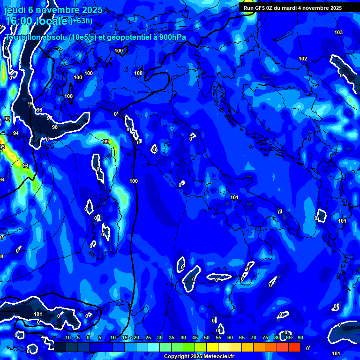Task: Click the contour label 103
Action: click(x=338, y=32)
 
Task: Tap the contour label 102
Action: click(x=303, y=59)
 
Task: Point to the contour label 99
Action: click(x=106, y=142)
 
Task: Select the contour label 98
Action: click(x=55, y=127)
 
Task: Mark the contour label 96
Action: click(x=39, y=110)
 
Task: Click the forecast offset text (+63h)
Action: click(x=81, y=21)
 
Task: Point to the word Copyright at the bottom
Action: click(x=177, y=357)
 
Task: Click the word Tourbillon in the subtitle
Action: click(x=22, y=37)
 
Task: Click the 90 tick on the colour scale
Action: click(x=300, y=338)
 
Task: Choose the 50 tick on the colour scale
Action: click(x=207, y=338)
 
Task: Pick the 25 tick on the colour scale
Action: click(x=148, y=338)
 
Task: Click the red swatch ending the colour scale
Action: click(x=294, y=347)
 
